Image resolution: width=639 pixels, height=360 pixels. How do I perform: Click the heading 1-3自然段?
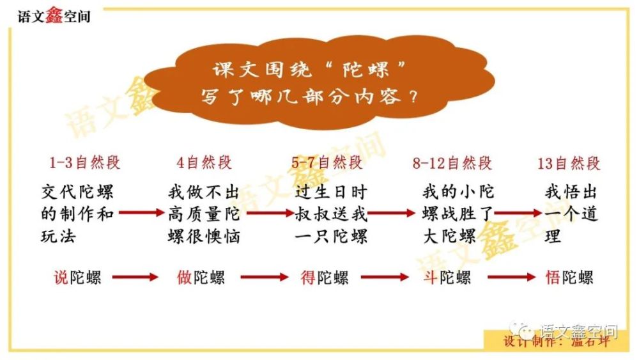(85, 163)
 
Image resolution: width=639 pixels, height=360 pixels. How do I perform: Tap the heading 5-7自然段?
(327, 163)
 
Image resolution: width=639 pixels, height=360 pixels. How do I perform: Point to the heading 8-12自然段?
(452, 163)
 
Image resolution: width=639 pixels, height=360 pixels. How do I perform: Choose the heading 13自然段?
(569, 163)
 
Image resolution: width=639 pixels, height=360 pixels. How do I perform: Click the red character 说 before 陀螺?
(61, 278)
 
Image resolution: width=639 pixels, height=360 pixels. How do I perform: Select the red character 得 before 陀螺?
(308, 278)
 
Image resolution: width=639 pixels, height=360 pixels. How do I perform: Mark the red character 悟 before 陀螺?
(553, 278)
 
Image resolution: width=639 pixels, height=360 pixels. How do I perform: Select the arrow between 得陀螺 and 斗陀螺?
(384, 278)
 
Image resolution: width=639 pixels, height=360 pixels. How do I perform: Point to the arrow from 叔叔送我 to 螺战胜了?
(391, 214)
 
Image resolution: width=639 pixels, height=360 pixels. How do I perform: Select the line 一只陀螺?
(332, 236)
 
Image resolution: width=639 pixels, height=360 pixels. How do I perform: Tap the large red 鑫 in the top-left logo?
(53, 15)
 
